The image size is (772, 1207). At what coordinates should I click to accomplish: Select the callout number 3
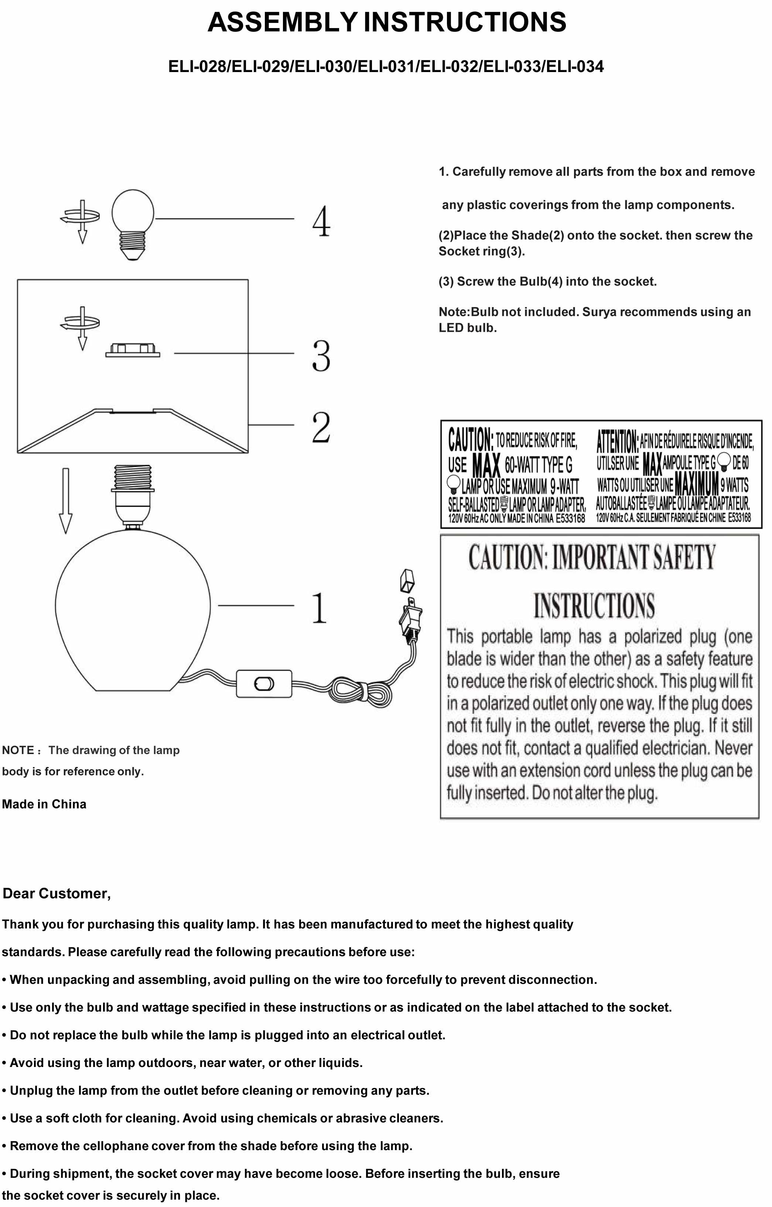pyautogui.click(x=321, y=355)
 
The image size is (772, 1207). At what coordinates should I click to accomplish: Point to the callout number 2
pyautogui.click(x=321, y=427)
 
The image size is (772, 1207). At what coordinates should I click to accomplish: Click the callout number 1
pyautogui.click(x=319, y=607)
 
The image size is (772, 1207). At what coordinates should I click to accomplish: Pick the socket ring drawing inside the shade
pyautogui.click(x=133, y=350)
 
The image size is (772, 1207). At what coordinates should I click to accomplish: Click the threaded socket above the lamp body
pyautogui.click(x=132, y=494)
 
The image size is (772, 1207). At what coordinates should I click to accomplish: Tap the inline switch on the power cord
pyautogui.click(x=264, y=683)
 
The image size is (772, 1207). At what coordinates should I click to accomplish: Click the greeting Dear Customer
pyautogui.click(x=57, y=893)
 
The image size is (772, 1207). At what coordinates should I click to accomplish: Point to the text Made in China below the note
pyautogui.click(x=44, y=804)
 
